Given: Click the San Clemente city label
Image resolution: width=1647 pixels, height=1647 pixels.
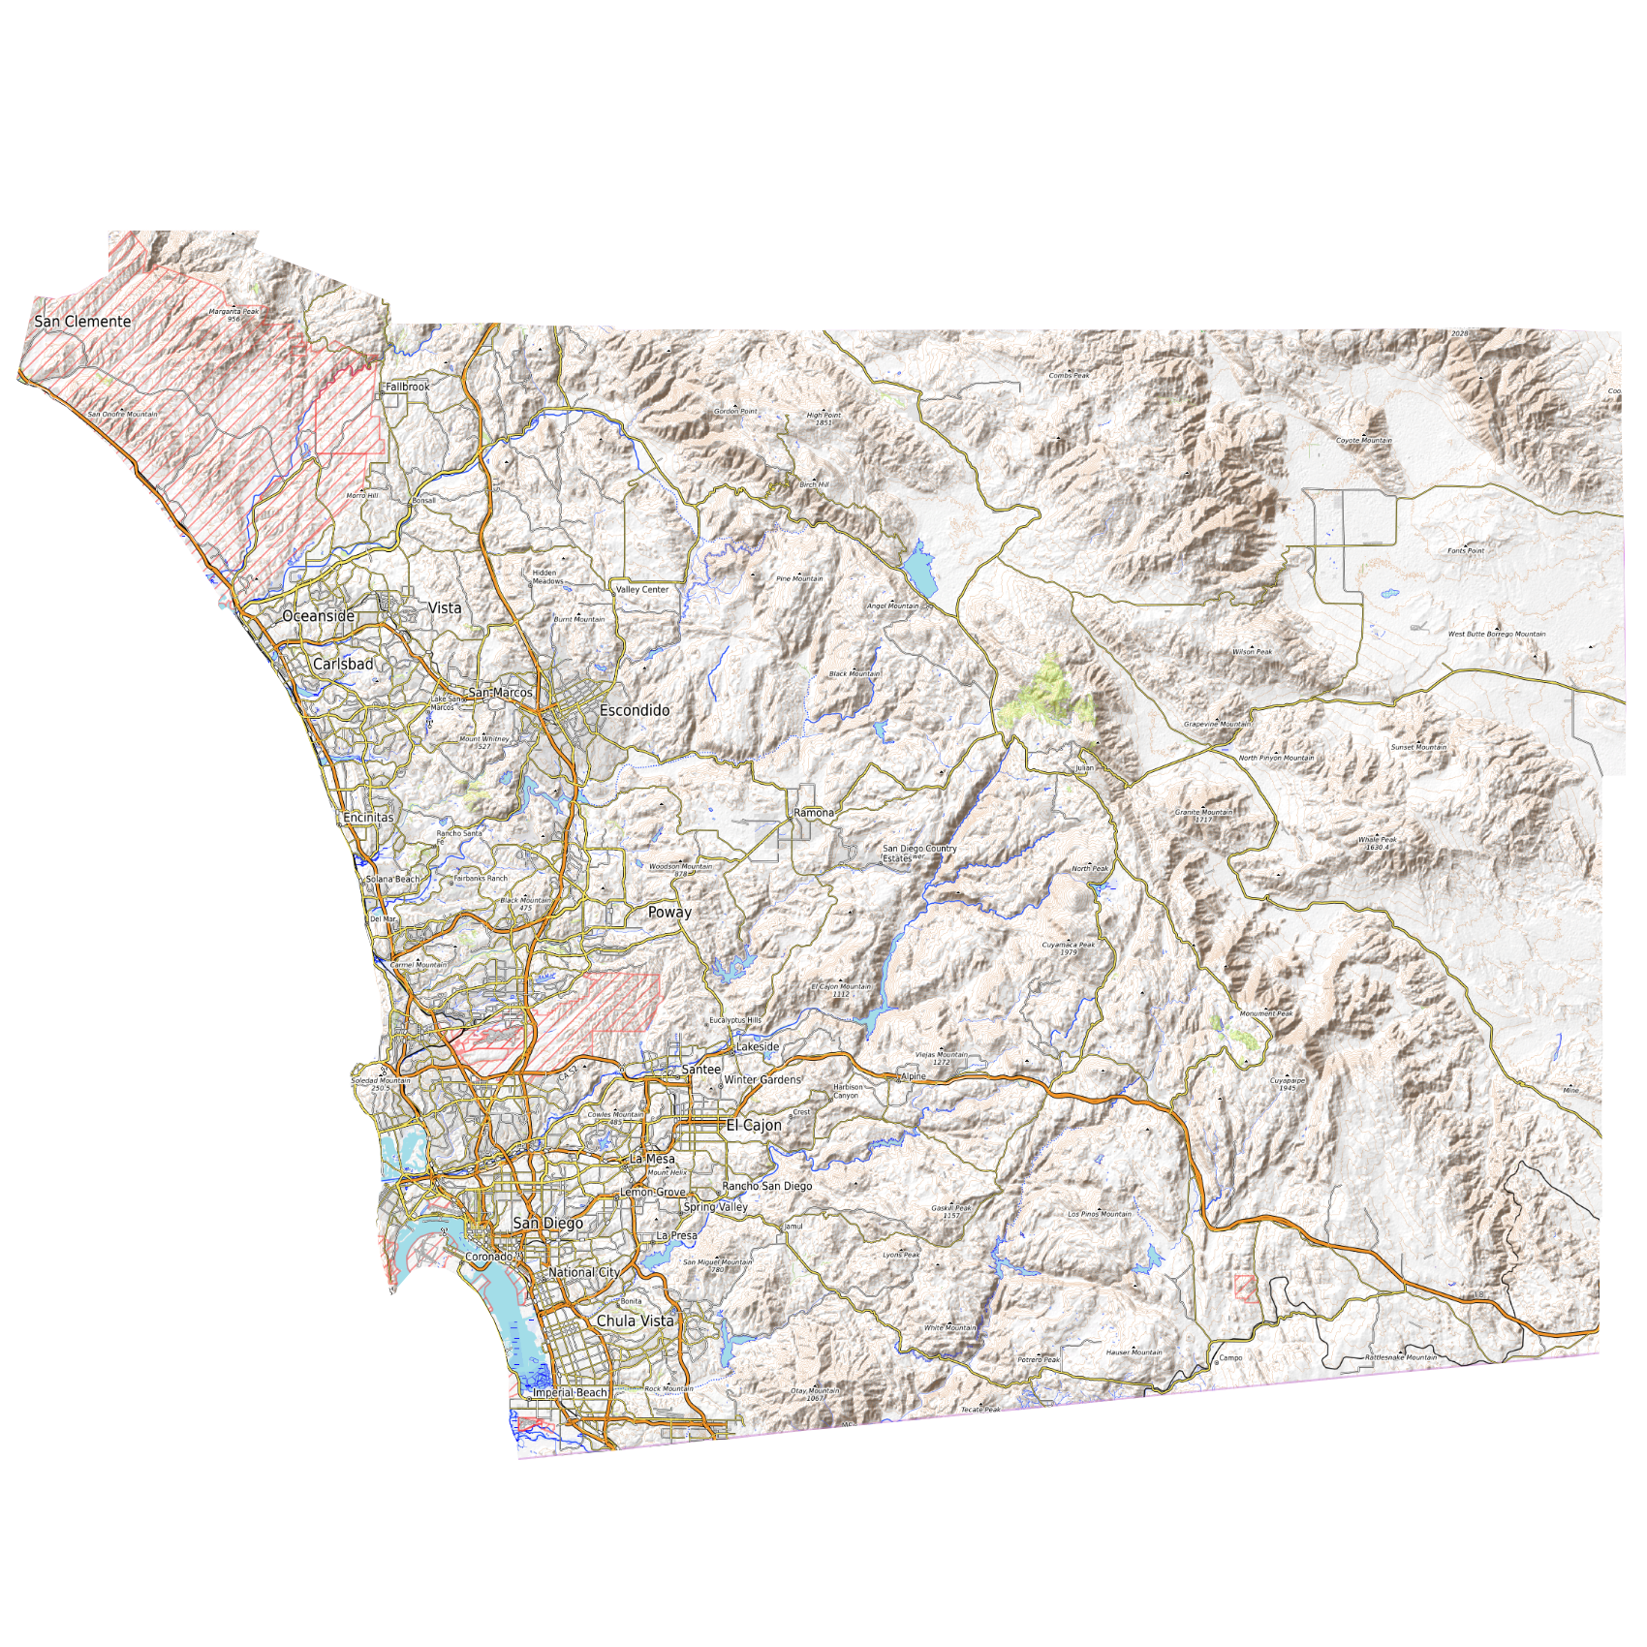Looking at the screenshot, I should (82, 322).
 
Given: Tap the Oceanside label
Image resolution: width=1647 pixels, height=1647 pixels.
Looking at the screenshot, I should (318, 616).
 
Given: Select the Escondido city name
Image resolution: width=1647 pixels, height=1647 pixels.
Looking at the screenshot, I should (635, 711).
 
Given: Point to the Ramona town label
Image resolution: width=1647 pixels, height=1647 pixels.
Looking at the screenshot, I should (814, 813).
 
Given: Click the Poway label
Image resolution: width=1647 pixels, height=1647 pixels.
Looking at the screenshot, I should (669, 913).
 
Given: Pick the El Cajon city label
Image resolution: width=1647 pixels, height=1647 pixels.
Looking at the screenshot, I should (754, 1126).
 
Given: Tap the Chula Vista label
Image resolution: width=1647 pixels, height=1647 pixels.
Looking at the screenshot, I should (635, 1321).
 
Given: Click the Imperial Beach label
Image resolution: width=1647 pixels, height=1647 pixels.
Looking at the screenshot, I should (570, 1393).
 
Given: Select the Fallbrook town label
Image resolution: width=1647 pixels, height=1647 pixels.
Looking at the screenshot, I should (407, 387).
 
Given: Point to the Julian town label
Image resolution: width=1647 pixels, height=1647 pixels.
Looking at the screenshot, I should (1084, 768).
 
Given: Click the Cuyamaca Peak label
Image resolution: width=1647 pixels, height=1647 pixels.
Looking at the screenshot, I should (1068, 946).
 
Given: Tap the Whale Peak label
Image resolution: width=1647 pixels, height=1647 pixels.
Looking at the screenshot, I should (1377, 841).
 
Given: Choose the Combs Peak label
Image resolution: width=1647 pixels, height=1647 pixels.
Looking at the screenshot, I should (1069, 376).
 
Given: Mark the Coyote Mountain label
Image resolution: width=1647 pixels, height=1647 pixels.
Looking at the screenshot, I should (1364, 441).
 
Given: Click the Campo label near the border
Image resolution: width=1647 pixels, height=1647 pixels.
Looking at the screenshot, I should (1230, 1358).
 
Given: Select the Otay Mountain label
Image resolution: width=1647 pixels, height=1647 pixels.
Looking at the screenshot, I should (816, 1392).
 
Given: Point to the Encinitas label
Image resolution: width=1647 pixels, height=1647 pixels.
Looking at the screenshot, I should (368, 818).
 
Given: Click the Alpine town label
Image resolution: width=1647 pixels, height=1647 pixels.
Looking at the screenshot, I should (914, 1076).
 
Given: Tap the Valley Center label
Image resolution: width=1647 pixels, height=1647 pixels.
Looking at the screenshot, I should (642, 590).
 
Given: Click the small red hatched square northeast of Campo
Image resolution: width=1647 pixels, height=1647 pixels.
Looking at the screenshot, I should (1245, 1289).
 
